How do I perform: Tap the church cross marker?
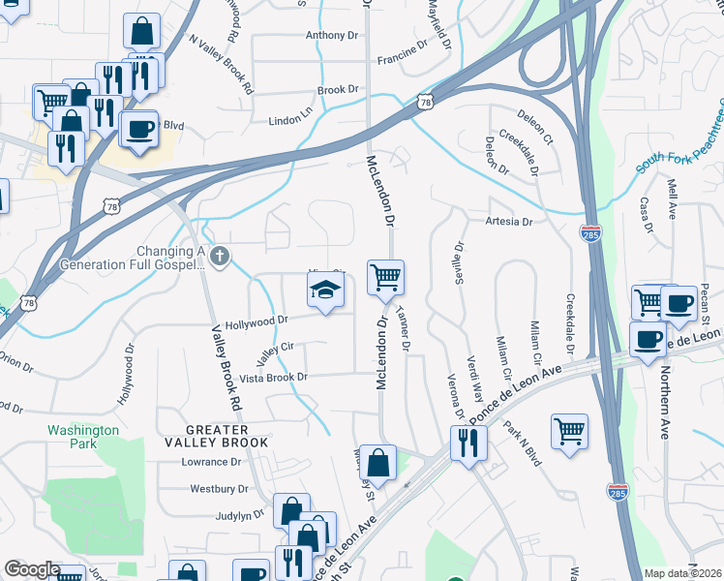coord(220,257)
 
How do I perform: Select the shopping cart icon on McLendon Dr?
coord(385,278)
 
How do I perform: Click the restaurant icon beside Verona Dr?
coord(468,443)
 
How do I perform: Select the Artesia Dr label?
coord(508,222)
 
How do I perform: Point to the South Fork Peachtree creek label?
coord(680,136)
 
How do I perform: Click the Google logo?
coord(32,568)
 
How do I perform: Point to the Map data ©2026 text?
coord(682,573)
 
